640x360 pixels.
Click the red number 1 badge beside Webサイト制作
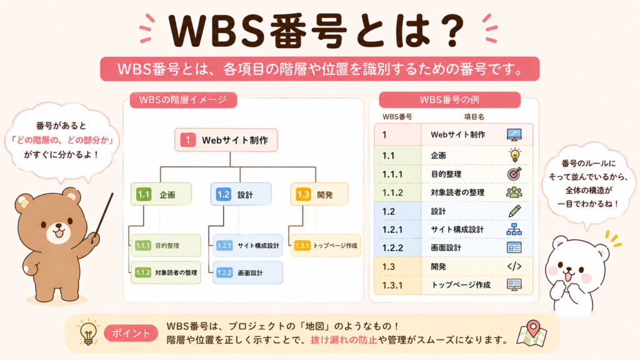[187, 140]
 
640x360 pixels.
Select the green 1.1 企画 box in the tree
[161, 194]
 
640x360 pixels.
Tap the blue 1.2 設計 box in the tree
[241, 194]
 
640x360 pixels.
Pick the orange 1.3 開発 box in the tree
[319, 194]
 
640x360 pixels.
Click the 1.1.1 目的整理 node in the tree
[166, 245]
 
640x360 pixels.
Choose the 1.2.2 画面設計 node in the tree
[247, 272]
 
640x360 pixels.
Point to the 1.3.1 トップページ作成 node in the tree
[326, 245]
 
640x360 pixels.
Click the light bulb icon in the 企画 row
[515, 155]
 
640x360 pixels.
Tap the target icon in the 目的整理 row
[514, 174]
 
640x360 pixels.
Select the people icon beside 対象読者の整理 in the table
[514, 192]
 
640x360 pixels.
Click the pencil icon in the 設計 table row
[515, 211]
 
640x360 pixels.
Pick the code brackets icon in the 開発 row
[514, 266]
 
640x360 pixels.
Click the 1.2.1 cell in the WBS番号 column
[392, 230]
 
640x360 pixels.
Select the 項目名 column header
[474, 117]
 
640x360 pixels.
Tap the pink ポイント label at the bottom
[131, 334]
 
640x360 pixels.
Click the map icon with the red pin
[532, 333]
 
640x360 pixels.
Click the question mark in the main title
[452, 31]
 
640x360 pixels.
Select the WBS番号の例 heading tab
[450, 99]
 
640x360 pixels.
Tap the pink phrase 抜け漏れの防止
[344, 339]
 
